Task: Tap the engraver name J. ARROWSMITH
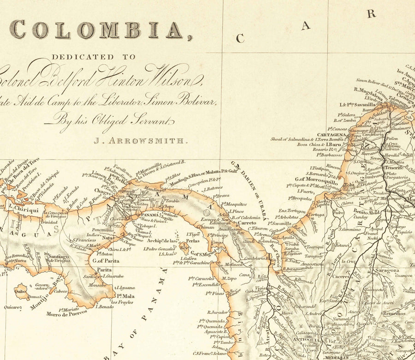coord(141,141)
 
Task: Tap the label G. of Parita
coord(106,261)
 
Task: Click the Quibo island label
coord(21,291)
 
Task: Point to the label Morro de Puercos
coord(66,314)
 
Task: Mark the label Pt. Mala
coord(125,296)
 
